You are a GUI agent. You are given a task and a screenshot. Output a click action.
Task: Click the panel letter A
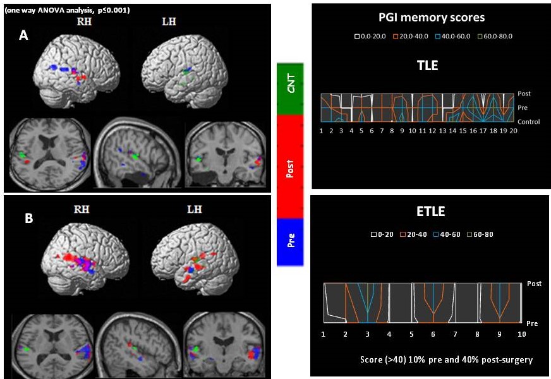[23, 36]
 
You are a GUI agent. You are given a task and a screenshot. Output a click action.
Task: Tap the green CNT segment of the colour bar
[291, 88]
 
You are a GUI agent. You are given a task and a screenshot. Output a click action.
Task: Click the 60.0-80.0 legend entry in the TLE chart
[497, 37]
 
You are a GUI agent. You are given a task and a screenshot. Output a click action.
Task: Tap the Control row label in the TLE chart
[528, 121]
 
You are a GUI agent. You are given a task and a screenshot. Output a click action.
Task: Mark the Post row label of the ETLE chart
[535, 284]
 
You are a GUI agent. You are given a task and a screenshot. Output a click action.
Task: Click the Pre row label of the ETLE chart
[533, 323]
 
